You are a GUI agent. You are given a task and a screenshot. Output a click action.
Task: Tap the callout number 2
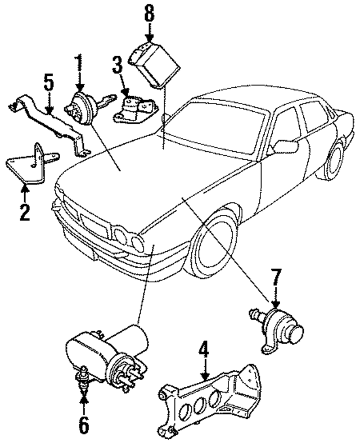coord(25,212)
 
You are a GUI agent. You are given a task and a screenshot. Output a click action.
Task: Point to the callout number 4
coord(204,353)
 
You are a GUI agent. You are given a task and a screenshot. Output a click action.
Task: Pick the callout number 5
coord(49,85)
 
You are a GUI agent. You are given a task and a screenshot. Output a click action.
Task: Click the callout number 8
coord(148,13)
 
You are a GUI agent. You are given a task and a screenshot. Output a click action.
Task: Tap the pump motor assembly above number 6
coord(107,351)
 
